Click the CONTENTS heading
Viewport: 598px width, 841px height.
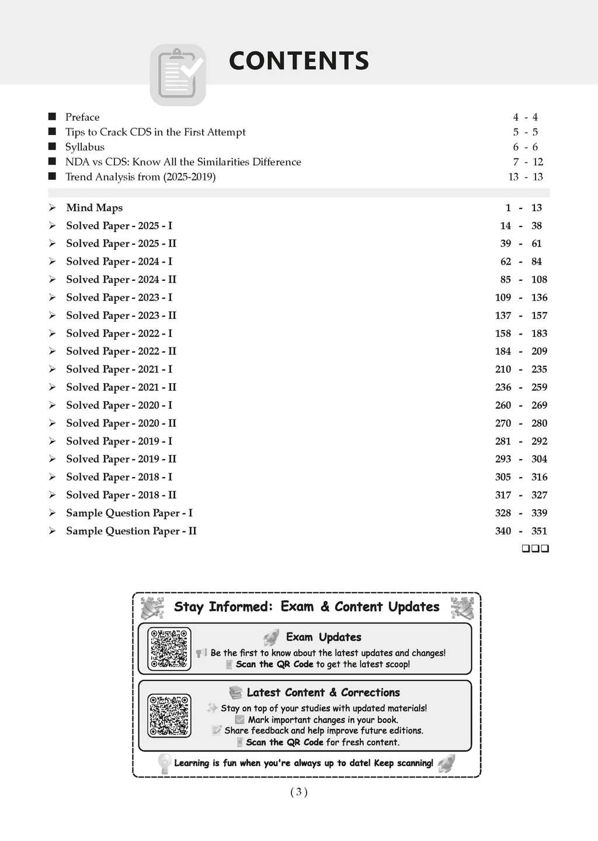298,61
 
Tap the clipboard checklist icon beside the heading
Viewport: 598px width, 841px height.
178,75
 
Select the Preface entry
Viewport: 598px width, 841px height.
82,117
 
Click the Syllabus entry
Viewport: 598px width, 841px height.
85,147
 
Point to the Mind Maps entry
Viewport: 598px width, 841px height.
94,208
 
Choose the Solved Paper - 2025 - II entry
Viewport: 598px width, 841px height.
121,244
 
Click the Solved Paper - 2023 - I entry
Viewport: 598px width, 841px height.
119,297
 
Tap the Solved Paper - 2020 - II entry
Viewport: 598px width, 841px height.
121,423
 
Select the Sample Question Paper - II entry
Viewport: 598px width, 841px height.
131,531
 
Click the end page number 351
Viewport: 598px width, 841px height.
539,531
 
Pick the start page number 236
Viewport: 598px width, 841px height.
503,387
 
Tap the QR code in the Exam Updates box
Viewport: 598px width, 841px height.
169,648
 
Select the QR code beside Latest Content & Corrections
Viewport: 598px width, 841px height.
169,715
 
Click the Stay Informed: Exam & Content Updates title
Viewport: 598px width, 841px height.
307,607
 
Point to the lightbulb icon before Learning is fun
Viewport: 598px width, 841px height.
164,763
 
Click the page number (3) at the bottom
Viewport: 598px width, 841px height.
298,792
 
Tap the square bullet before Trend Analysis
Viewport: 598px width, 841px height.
52,176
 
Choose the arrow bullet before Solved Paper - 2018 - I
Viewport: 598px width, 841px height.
53,477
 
